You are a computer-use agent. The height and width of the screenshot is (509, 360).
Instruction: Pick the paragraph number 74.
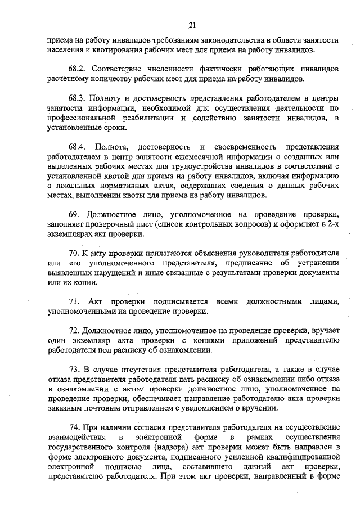pyautogui.click(x=74, y=427)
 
